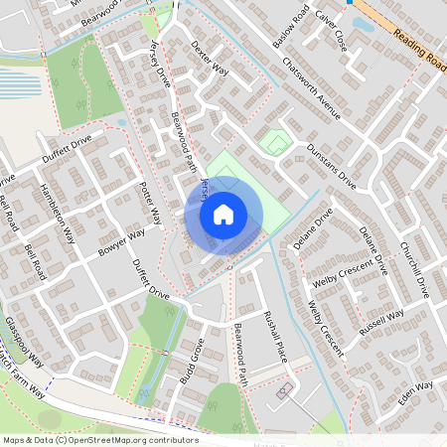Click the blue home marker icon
click(x=223, y=215)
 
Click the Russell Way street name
click(x=381, y=324)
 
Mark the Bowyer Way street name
click(x=121, y=243)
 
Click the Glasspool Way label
click(x=23, y=342)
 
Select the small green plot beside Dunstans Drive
click(x=276, y=143)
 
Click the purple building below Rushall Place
click(x=282, y=391)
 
